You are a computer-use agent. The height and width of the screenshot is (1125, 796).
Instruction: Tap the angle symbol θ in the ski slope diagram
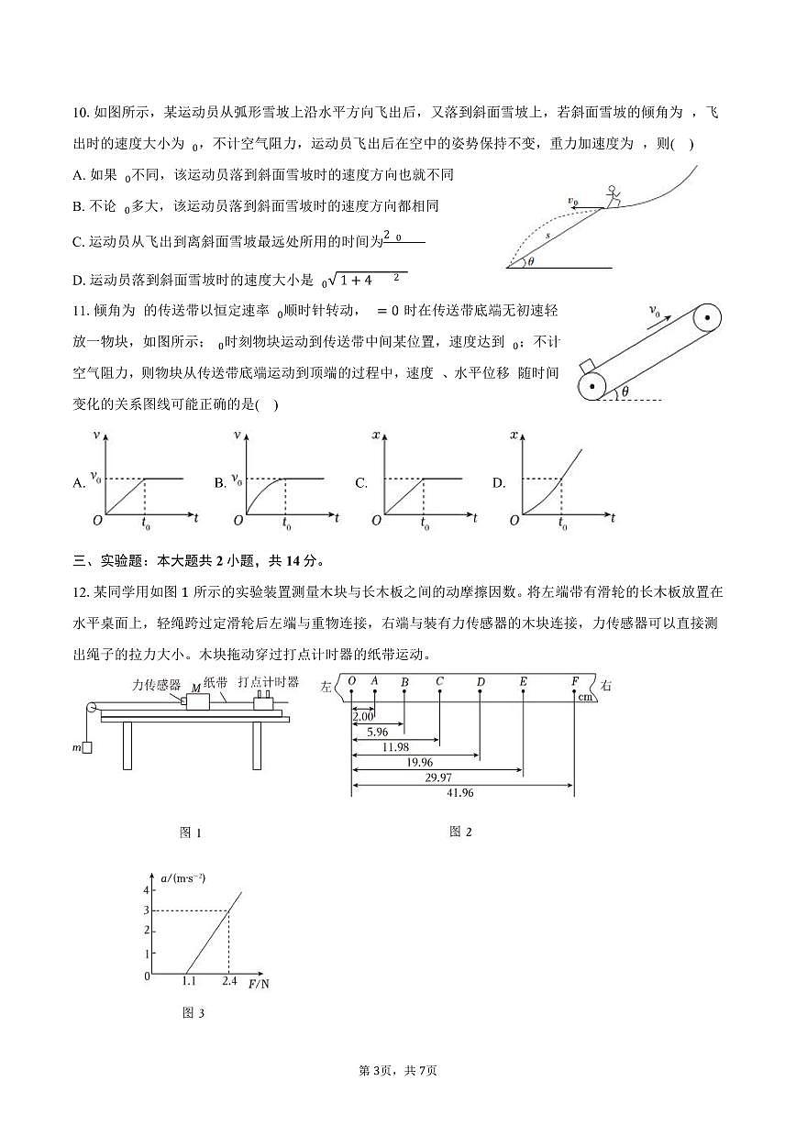point(531,259)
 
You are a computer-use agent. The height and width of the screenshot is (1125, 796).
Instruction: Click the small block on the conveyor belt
point(588,368)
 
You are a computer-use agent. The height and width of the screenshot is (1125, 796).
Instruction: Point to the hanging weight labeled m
point(86,748)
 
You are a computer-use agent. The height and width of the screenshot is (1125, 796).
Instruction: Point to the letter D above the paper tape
point(481,682)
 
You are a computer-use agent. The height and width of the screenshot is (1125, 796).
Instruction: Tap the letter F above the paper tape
point(575,681)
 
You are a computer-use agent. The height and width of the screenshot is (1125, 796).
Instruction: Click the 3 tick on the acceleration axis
point(145,910)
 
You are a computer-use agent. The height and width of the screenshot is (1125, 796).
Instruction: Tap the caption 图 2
point(460,832)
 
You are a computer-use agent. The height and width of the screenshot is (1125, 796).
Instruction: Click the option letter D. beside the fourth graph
point(499,482)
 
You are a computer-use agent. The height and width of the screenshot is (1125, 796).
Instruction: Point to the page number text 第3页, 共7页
point(397,1070)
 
